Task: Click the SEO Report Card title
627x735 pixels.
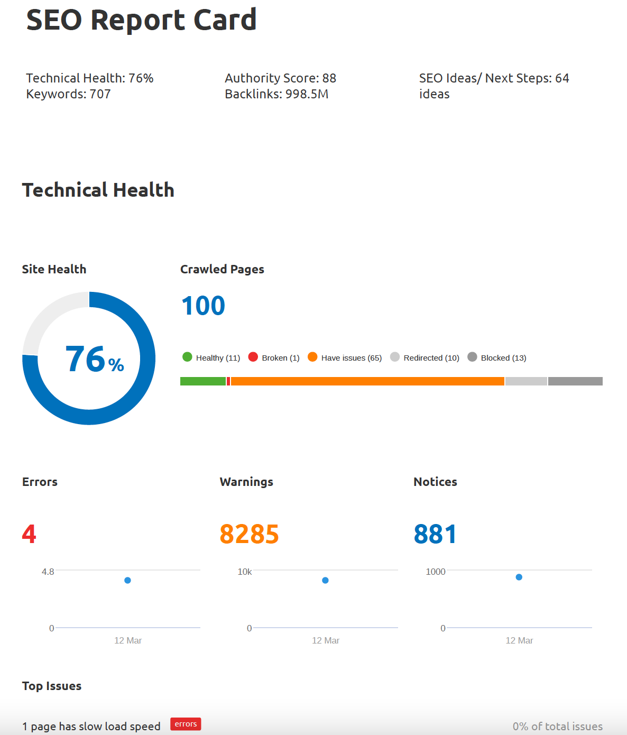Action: [141, 20]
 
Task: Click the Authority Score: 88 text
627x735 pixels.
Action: [280, 78]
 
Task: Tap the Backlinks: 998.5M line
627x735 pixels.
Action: [276, 94]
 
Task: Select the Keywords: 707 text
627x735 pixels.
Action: [68, 94]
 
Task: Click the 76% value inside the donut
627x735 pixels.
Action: [94, 359]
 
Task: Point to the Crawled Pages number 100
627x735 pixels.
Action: [203, 306]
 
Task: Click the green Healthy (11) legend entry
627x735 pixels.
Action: [211, 357]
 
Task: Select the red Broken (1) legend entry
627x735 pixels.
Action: [274, 357]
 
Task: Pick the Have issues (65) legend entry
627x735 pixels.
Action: [345, 357]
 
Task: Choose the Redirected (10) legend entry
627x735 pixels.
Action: [425, 357]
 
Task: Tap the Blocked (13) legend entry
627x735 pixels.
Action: [497, 357]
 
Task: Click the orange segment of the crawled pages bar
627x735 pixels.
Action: [367, 381]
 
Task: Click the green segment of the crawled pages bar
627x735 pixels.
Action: [202, 381]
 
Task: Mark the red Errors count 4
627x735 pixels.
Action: [29, 534]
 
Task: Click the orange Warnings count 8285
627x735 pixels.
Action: [249, 534]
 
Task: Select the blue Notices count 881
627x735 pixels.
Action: [435, 534]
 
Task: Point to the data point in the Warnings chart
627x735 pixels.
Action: [325, 580]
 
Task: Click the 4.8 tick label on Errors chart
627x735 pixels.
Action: [48, 572]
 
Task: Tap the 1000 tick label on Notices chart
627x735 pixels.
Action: [435, 572]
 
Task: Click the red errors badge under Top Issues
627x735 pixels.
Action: [186, 724]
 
